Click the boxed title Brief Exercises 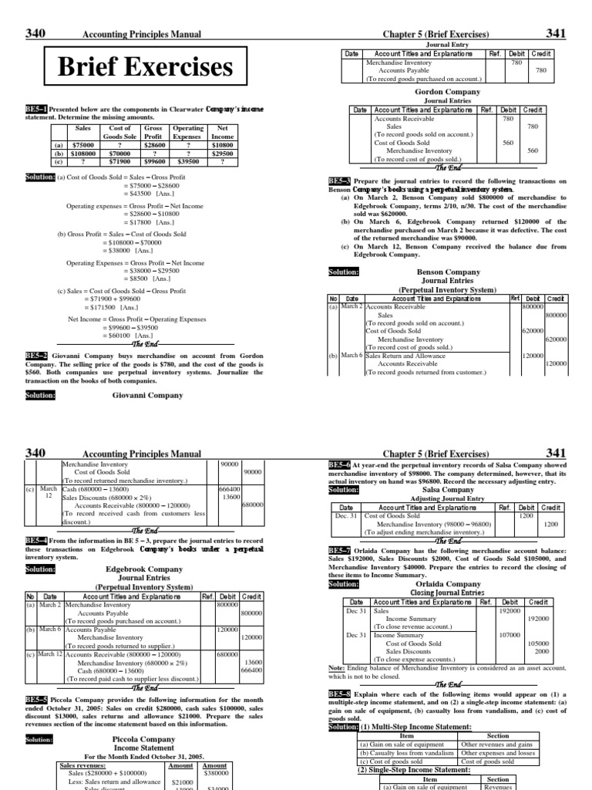point(146,68)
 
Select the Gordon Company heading point(447,91)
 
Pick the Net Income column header point(227,131)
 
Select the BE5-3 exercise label point(339,181)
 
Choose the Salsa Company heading point(448,489)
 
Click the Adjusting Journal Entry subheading point(448,498)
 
